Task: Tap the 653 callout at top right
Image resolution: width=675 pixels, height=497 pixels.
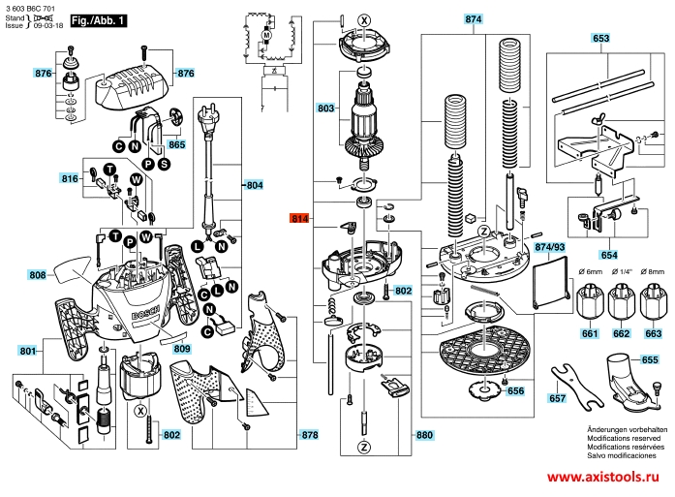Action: pos(601,38)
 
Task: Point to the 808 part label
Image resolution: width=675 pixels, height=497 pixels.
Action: pos(38,276)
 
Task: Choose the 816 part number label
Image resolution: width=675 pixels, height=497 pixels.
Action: pos(69,179)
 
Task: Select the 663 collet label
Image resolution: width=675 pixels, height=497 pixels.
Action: pos(654,334)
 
